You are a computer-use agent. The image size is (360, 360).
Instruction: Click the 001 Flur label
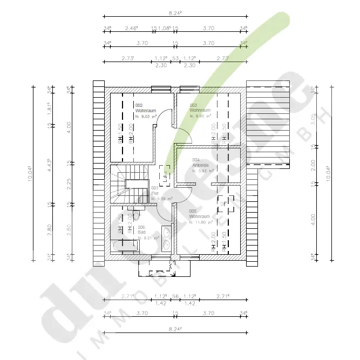[x=154, y=190]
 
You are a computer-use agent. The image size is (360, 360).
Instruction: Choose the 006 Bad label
[x=141, y=229]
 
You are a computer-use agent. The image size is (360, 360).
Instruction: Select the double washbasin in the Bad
[x=167, y=239]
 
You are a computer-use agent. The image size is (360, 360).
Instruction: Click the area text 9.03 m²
[x=146, y=116]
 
